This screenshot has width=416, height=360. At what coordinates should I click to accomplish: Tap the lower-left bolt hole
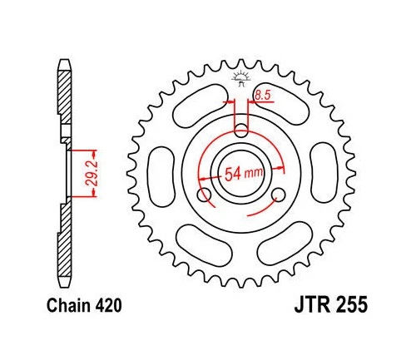click(x=204, y=195)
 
